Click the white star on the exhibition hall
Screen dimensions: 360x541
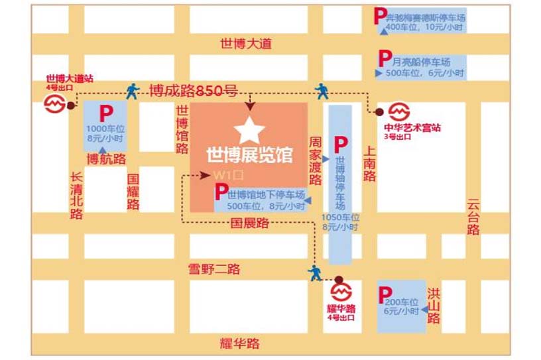249,131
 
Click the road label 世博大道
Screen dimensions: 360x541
247,44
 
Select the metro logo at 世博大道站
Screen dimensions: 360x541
55,103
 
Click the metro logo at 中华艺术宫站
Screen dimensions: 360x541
399,111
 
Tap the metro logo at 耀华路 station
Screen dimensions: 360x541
341,292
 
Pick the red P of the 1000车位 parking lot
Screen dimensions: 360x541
105,113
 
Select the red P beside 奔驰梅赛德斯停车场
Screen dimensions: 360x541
380,15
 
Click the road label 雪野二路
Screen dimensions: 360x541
213,269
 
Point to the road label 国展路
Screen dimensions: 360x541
249,223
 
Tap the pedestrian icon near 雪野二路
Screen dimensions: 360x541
314,272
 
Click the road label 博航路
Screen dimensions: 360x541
107,159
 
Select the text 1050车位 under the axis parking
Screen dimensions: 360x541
340,217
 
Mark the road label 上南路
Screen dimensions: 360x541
369,164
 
